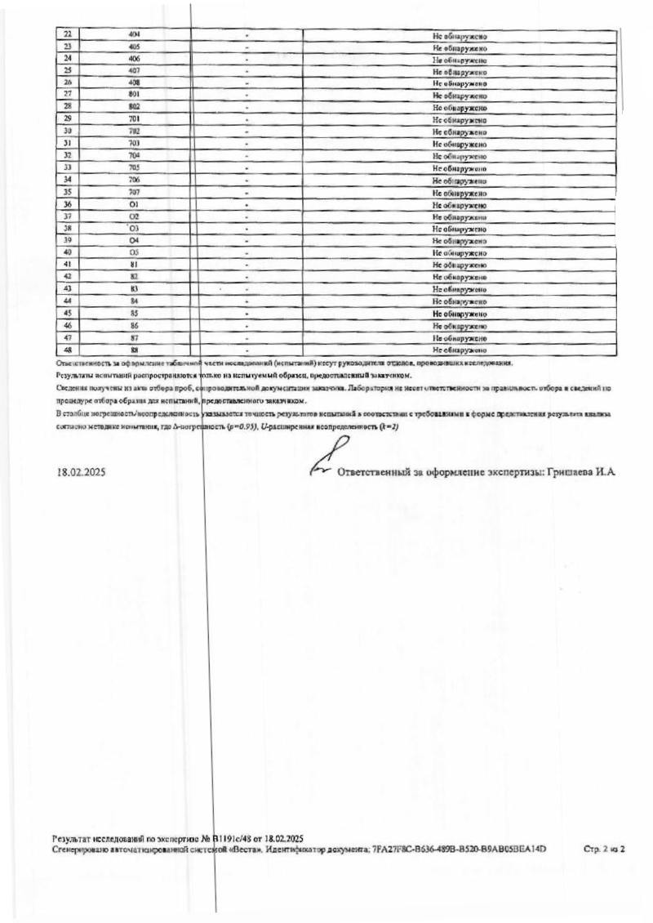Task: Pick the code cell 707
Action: (135, 192)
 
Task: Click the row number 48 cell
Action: (67, 350)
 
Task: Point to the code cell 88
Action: (135, 350)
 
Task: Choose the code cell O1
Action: (135, 204)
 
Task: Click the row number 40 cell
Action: (67, 252)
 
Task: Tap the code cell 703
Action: (135, 144)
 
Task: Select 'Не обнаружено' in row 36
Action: (460, 205)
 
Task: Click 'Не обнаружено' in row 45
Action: (460, 314)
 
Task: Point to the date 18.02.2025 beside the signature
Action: (81, 472)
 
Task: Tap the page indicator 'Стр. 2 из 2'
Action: (604, 850)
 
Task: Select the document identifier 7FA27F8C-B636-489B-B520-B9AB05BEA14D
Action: (458, 850)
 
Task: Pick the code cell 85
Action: (135, 313)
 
